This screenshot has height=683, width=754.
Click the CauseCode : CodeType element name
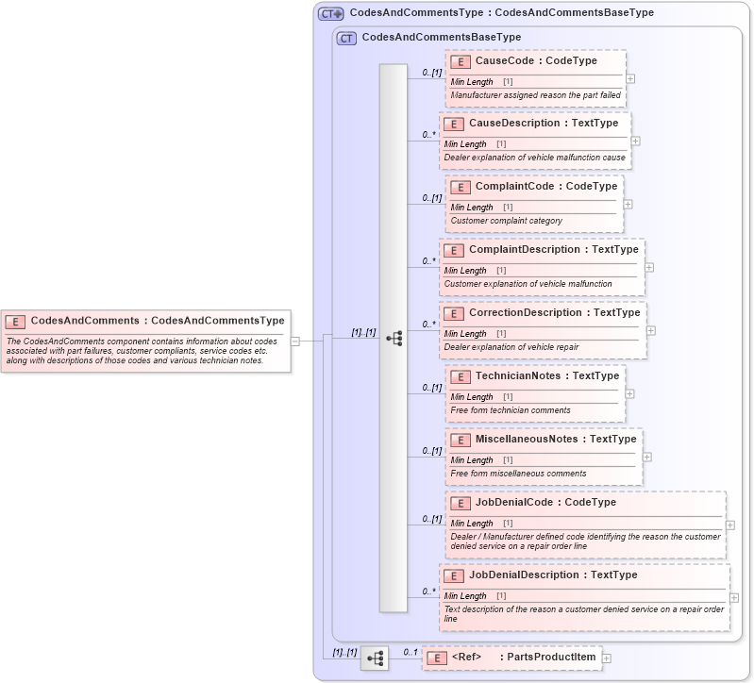(x=536, y=60)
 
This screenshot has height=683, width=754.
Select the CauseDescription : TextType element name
(x=544, y=124)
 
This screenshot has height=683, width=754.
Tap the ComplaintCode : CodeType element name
(x=545, y=187)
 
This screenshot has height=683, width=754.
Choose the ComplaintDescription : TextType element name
(x=553, y=250)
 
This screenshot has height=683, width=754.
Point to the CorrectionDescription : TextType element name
(x=554, y=313)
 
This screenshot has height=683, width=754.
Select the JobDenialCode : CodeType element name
(x=545, y=503)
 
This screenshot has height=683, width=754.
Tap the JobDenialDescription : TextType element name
(x=553, y=575)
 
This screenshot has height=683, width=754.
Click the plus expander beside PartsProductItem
(x=607, y=658)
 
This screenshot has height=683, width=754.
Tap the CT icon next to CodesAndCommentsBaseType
(x=346, y=39)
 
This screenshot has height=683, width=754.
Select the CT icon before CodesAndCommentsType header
(x=330, y=14)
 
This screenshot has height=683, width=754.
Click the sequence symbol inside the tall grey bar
(x=394, y=338)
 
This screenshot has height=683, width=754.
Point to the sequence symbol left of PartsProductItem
(x=375, y=658)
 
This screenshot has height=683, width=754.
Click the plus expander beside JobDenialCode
(x=730, y=525)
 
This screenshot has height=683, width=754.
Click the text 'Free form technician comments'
(x=511, y=410)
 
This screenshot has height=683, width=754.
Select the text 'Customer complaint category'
(x=507, y=221)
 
